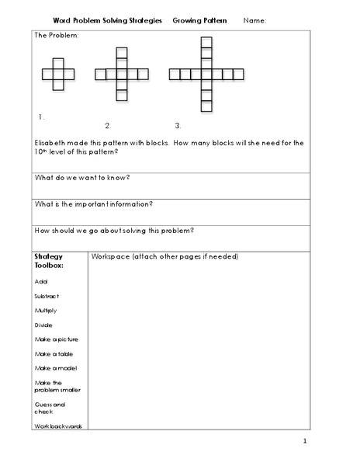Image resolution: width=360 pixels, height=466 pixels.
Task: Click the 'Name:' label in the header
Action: point(254,21)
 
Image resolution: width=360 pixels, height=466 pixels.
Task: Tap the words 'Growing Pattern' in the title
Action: point(200,21)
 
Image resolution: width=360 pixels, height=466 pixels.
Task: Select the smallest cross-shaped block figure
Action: point(58,75)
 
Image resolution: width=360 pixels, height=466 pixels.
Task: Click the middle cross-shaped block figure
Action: point(120,75)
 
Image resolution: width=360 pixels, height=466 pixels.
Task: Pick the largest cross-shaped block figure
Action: point(206,75)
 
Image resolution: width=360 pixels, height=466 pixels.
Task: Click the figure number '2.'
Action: point(108,125)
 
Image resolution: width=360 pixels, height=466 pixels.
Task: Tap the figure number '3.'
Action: point(178,125)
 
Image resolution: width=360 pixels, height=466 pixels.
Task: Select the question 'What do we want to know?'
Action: point(83,177)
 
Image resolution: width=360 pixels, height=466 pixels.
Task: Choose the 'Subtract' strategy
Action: point(47,297)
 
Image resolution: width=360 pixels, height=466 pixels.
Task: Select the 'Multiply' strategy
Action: point(47,311)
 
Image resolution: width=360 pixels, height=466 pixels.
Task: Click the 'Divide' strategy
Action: point(43,325)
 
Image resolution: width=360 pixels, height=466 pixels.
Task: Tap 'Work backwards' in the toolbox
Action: point(58,426)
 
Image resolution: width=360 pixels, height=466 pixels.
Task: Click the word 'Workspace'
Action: point(112,256)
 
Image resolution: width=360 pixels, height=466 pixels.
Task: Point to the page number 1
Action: point(306,442)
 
